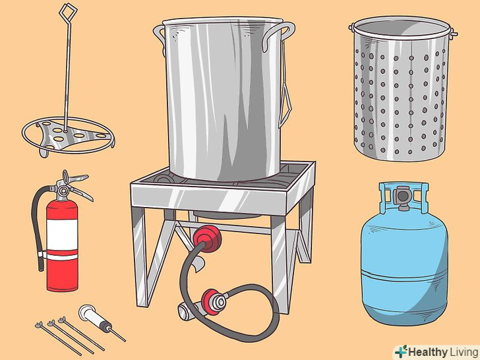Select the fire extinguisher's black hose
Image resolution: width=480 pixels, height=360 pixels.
(x=38, y=227)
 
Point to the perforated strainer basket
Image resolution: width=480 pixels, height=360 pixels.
(x=402, y=88)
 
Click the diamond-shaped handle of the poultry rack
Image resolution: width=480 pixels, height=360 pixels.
(x=67, y=13)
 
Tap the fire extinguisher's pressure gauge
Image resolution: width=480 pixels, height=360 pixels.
(x=63, y=191)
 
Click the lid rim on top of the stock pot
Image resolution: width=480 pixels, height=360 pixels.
(x=223, y=21)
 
